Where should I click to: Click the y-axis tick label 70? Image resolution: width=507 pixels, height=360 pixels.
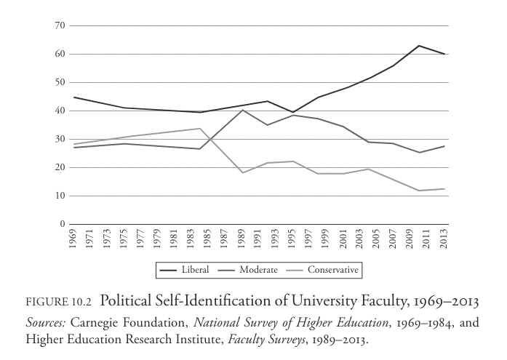(x=60, y=25)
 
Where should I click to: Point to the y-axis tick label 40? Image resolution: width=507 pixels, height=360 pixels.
(x=60, y=111)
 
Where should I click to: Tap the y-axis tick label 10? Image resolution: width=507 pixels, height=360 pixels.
(x=60, y=196)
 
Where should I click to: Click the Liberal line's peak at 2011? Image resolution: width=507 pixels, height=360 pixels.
(x=419, y=46)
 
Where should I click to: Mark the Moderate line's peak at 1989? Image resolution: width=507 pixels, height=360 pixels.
(x=243, y=110)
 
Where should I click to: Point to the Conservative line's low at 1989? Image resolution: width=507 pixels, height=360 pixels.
(x=243, y=172)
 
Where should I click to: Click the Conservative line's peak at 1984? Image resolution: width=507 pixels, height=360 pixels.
(x=200, y=129)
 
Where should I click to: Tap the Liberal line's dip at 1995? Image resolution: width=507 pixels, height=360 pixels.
(x=293, y=112)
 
